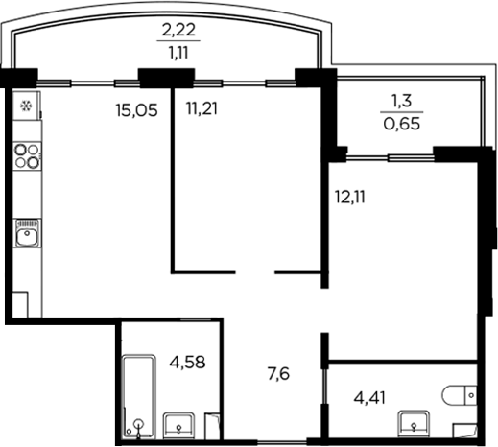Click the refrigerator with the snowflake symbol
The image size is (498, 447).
[x=25, y=105]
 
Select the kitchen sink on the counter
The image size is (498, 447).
[x=26, y=234]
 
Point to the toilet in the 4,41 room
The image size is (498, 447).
[x=462, y=392]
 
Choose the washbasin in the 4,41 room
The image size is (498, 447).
[x=415, y=419]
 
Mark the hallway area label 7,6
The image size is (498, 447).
[x=277, y=372]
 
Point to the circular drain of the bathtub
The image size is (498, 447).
[x=141, y=423]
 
